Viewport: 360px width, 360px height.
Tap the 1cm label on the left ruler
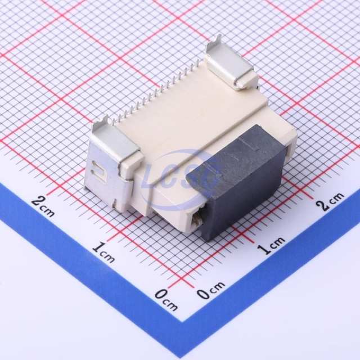[x=103, y=253]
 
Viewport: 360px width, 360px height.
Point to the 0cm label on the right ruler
[x=211, y=290]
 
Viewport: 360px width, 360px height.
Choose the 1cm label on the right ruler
[x=271, y=245]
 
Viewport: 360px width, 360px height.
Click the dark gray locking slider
[x=236, y=181]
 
